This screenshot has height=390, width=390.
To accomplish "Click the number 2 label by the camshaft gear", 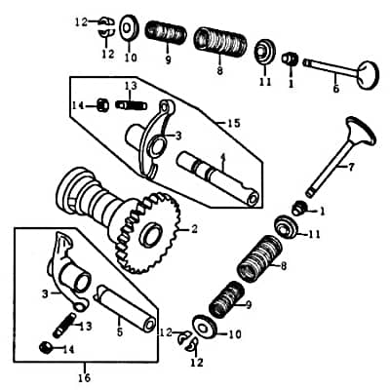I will [194, 230].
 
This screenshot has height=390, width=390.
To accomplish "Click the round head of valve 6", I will [366, 73].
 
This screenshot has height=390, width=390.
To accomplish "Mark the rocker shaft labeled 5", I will [127, 305].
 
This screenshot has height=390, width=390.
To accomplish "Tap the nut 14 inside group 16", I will [45, 348].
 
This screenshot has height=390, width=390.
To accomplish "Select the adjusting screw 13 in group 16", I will [67, 320].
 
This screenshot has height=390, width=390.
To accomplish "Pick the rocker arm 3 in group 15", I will [151, 136].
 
